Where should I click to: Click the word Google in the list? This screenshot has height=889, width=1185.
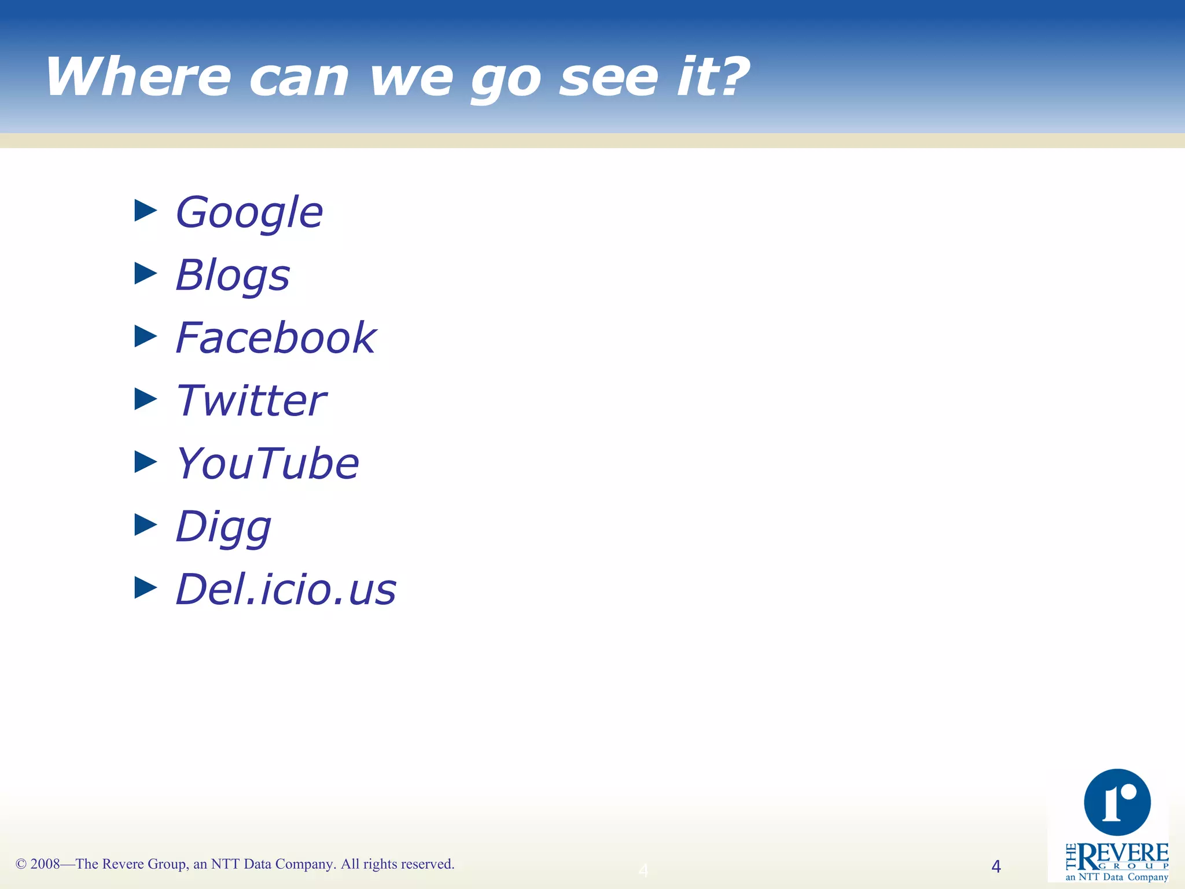(x=249, y=213)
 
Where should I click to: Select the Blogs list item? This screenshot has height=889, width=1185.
(x=233, y=275)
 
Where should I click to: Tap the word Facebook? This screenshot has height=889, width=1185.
(x=276, y=338)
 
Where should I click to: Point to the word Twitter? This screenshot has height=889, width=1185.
(x=251, y=401)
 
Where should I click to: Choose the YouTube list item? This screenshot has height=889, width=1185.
(x=267, y=464)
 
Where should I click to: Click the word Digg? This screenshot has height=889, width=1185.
(x=223, y=527)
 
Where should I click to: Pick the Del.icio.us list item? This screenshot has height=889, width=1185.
(x=286, y=589)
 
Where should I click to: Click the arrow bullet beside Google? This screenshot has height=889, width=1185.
(x=146, y=211)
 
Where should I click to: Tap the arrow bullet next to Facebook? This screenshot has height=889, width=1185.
(x=146, y=336)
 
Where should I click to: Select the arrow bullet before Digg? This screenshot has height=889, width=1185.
(x=146, y=525)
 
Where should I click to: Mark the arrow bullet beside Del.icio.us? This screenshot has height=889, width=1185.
(x=146, y=587)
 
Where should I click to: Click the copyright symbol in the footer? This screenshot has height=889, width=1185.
(x=21, y=864)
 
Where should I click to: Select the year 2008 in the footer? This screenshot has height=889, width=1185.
(x=45, y=864)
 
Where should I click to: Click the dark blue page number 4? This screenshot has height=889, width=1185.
(x=996, y=866)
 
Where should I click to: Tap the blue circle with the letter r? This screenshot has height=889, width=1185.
(x=1117, y=802)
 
